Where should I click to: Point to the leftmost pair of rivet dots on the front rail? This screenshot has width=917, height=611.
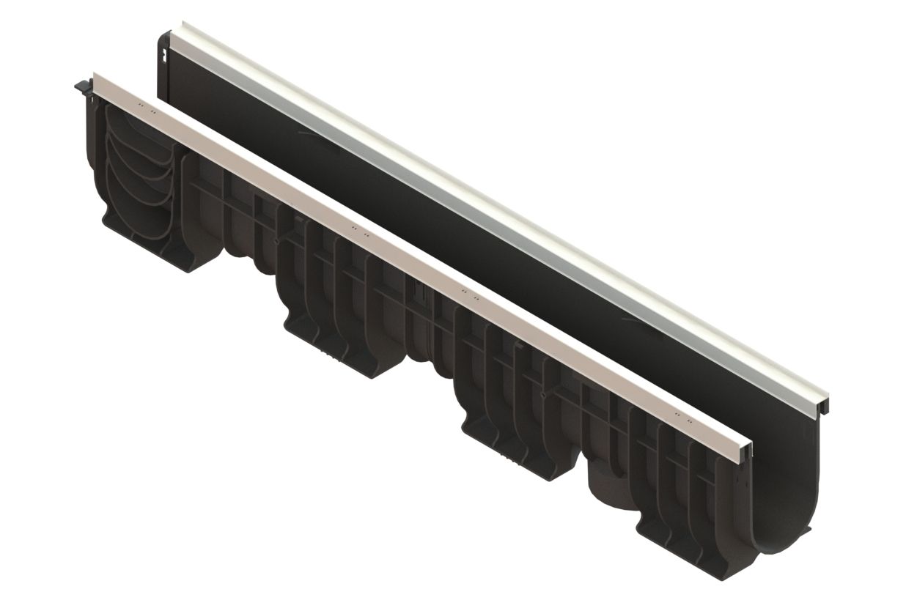pyautogui.click(x=146, y=111)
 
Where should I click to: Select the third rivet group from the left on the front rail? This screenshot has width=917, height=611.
pyautogui.click(x=469, y=295)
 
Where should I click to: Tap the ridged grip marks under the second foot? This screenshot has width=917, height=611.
pyautogui.click(x=334, y=359)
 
